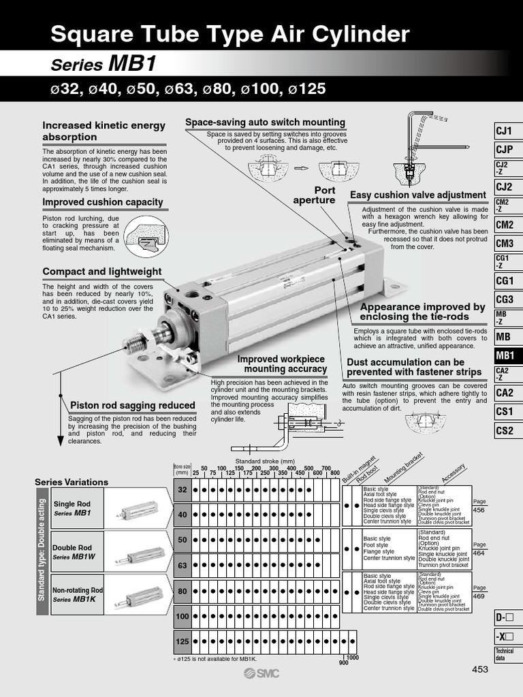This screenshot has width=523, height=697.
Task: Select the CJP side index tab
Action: pos(504,149)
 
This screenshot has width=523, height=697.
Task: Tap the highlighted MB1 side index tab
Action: pos(505,355)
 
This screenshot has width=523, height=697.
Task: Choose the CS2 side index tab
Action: pos(504,430)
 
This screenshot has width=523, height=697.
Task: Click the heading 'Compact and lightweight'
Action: pos(102,272)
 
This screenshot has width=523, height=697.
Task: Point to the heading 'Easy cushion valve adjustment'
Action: pos(418,195)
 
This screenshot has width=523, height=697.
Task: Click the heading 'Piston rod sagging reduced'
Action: pos(133,405)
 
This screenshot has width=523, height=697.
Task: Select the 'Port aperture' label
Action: pos(314,195)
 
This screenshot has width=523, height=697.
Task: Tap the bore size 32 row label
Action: pos(182,490)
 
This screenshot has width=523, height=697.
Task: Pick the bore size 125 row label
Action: pos(182,641)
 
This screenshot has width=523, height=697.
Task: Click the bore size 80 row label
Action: pos(182,591)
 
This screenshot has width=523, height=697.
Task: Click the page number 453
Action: pos(480,670)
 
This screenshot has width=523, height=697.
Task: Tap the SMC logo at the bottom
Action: pos(261,673)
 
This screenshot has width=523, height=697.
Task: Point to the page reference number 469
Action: pos(479,596)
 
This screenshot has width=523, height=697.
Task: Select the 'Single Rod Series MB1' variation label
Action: pos(72,508)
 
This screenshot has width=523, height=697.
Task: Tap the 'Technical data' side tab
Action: pos(504,655)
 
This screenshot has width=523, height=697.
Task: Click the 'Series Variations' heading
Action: pos(72,482)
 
